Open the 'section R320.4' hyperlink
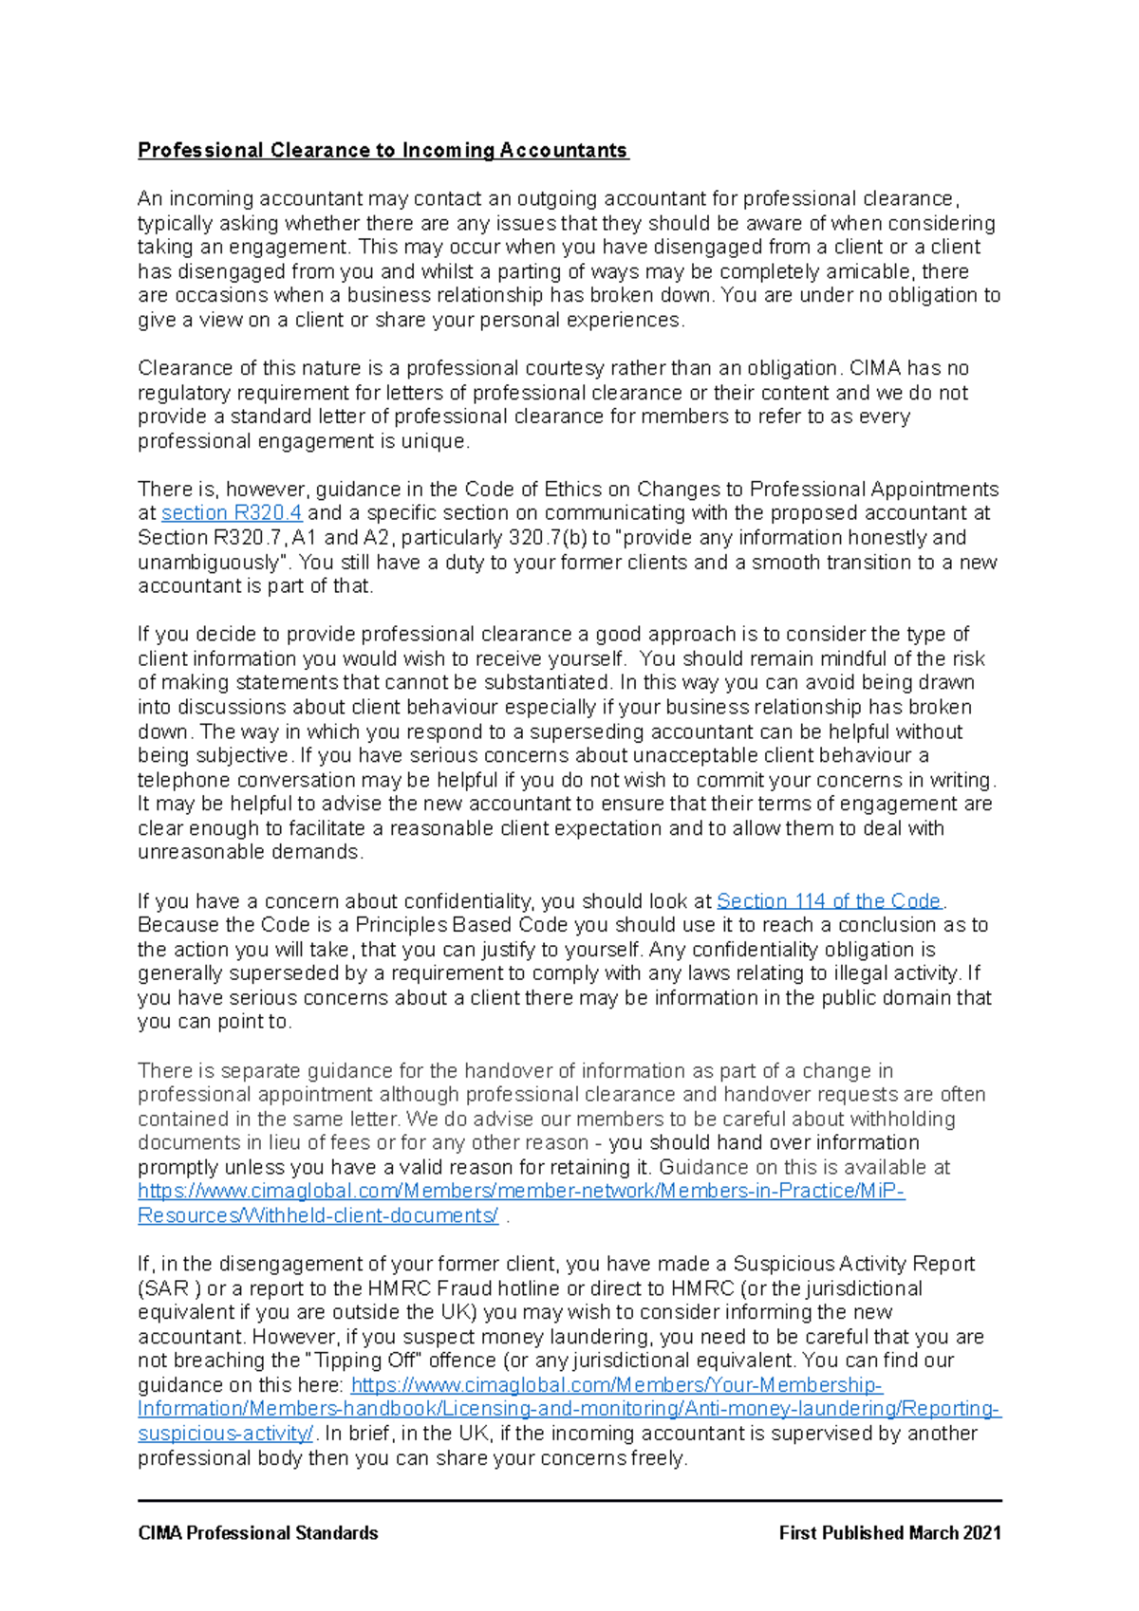[232, 513]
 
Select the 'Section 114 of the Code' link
[829, 900]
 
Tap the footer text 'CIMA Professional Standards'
[258, 1533]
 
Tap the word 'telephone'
[184, 780]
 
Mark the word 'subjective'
[241, 756]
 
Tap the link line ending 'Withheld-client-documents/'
[318, 1215]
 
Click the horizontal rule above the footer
[569, 1501]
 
